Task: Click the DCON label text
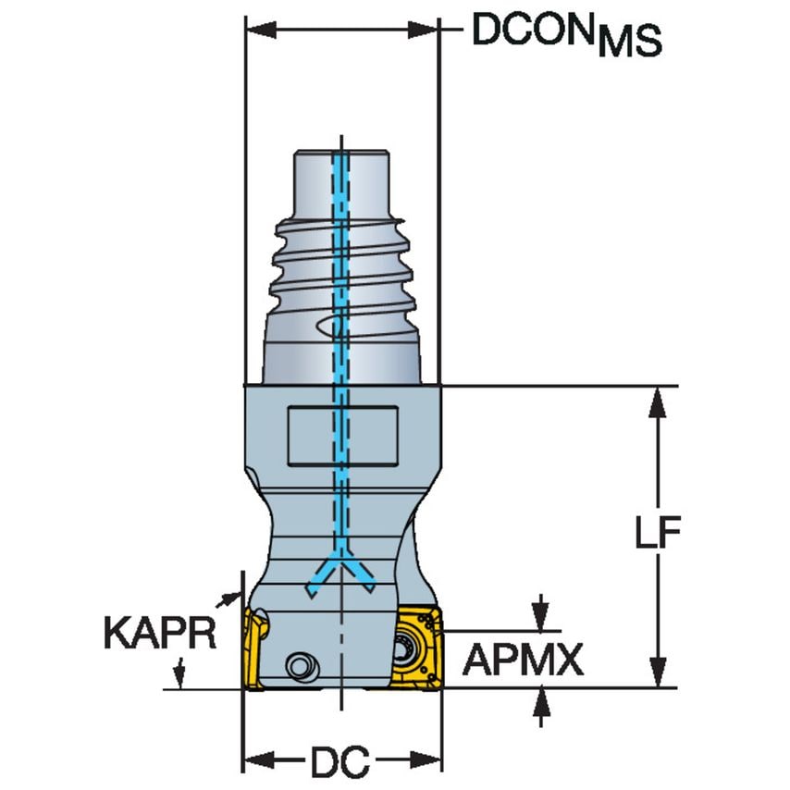tap(532, 31)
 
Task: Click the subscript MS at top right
tap(629, 43)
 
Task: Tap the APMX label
tap(523, 660)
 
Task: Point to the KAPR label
tap(159, 634)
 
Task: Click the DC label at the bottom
tap(339, 763)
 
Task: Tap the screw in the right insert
tap(408, 648)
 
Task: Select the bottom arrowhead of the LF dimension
tap(657, 678)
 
